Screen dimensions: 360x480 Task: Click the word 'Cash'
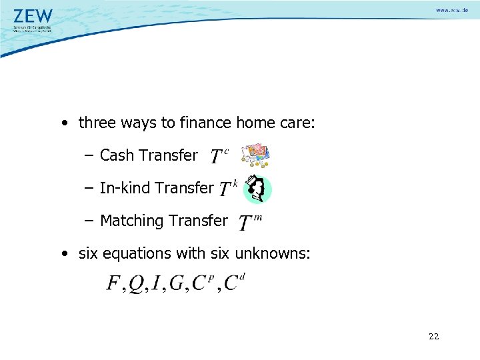(x=117, y=155)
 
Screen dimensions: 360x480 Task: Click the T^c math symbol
(x=219, y=156)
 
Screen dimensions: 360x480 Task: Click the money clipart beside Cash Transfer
(x=255, y=155)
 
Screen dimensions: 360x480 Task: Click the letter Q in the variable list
(x=135, y=284)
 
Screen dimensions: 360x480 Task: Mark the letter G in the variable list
(x=177, y=283)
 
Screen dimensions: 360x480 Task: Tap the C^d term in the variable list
(x=234, y=282)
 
